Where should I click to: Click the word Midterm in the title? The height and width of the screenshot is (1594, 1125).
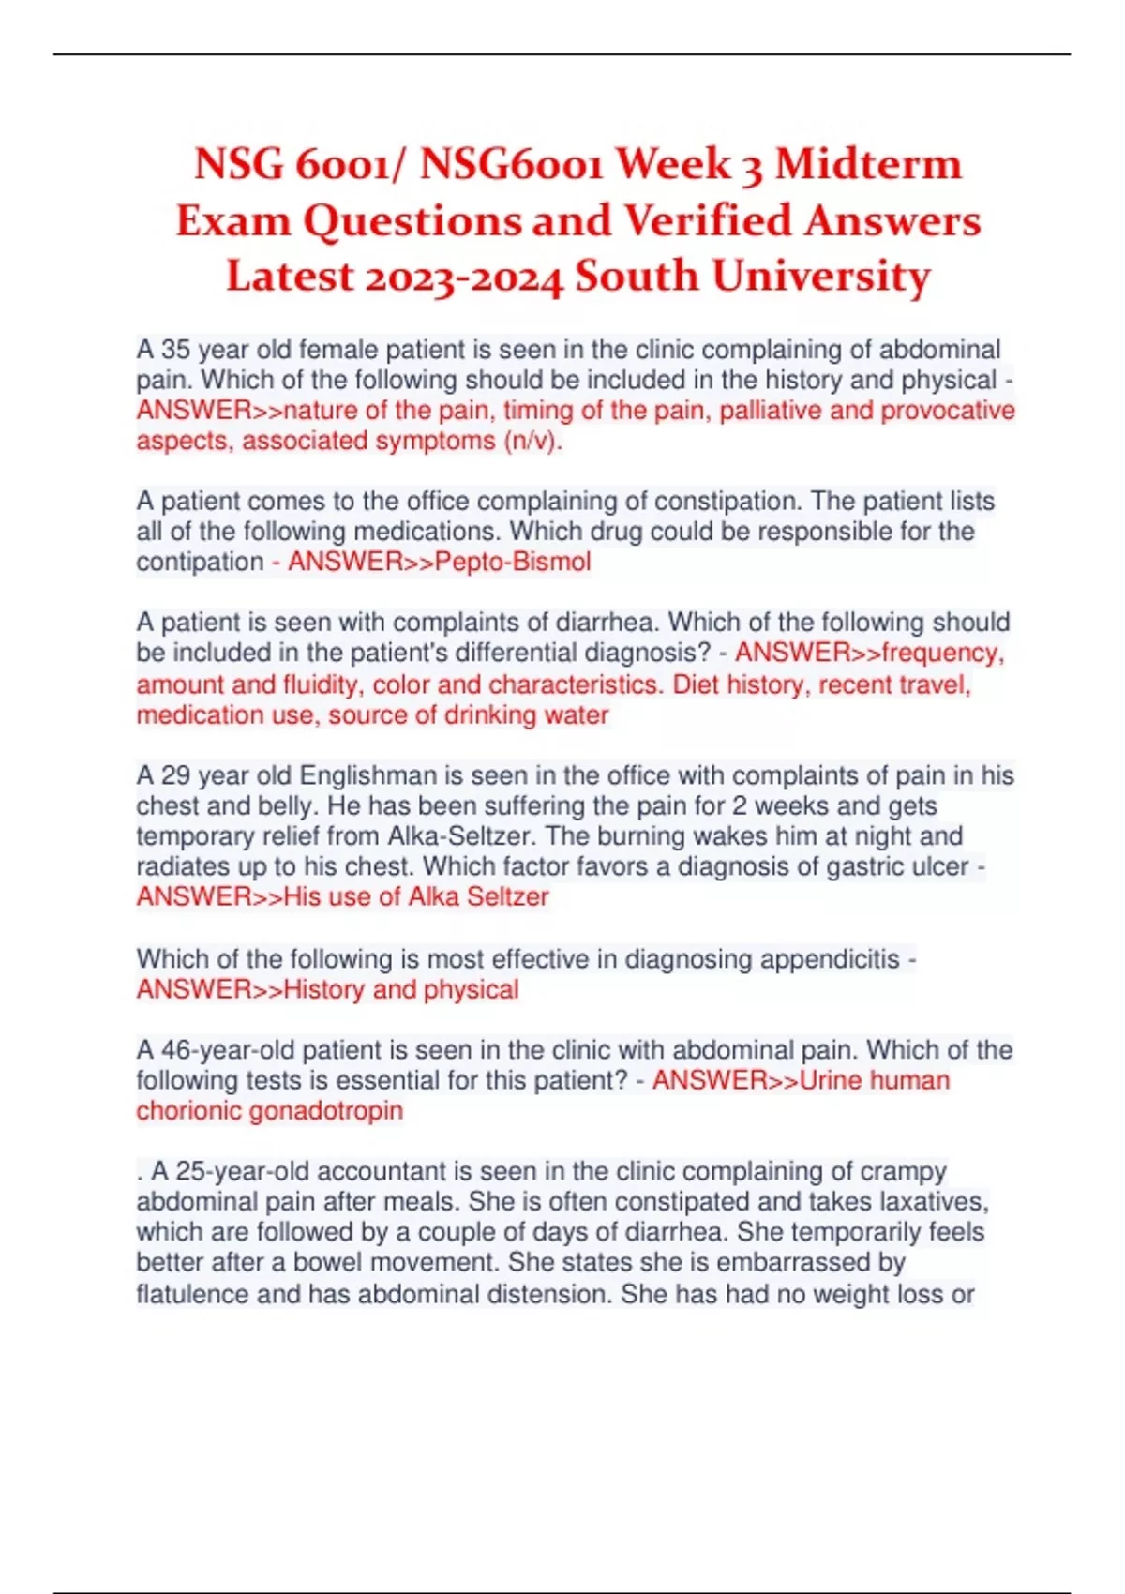[868, 164]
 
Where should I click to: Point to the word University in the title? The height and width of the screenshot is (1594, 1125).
[820, 277]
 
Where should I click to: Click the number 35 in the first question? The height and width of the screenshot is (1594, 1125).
[176, 350]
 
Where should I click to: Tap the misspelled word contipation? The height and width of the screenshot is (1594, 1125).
[200, 562]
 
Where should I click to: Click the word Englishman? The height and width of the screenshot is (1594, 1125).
[367, 775]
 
